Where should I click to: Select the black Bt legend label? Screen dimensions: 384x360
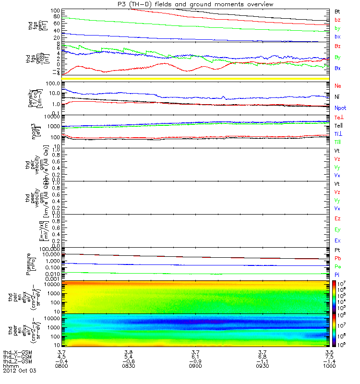[337, 10]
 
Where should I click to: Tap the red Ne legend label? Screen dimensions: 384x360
[338, 85]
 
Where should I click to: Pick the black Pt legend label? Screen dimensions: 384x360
[338, 251]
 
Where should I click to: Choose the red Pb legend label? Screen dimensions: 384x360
[338, 259]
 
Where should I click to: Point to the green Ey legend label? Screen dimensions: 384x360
[338, 229]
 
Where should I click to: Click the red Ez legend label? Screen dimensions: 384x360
[338, 219]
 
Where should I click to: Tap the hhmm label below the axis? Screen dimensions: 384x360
[10, 367]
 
